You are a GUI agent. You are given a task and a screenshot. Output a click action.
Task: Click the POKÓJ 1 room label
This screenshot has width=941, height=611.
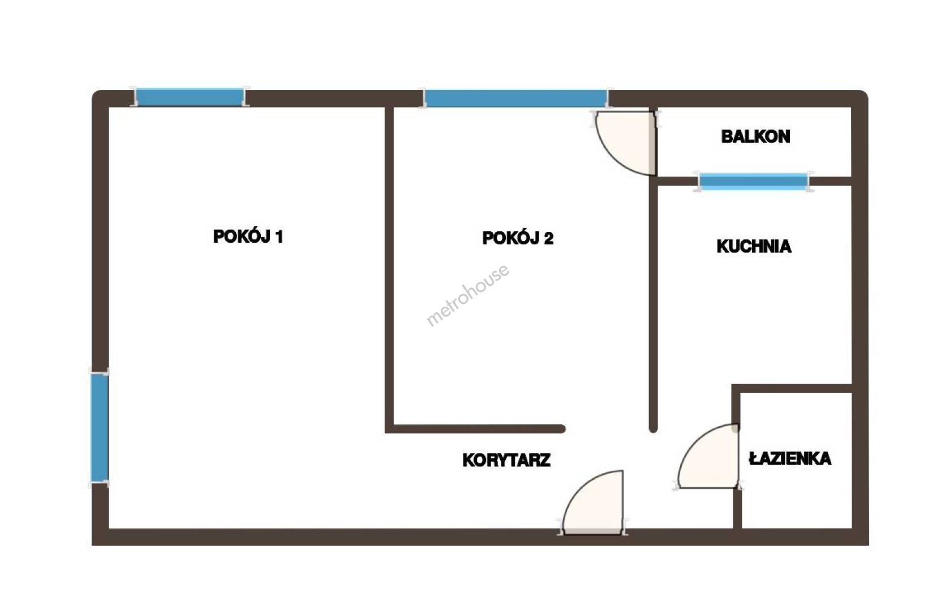(x=248, y=236)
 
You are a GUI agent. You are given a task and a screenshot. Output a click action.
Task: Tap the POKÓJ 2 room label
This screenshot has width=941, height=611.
(x=518, y=238)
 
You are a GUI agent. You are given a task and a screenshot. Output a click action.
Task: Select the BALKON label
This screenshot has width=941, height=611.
(x=755, y=136)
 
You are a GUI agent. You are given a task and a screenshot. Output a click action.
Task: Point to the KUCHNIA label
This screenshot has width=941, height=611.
(x=754, y=247)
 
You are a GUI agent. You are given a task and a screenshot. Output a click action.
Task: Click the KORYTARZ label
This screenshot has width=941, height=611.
(x=506, y=461)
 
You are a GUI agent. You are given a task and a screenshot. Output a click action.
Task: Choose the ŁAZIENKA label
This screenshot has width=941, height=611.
(x=790, y=458)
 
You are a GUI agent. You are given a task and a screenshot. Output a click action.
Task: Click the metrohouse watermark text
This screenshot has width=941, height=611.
(x=468, y=295)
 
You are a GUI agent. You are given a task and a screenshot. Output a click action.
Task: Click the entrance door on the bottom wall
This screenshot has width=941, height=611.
(x=593, y=502)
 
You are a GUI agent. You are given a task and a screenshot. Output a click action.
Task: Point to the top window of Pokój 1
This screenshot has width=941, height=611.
(x=190, y=97)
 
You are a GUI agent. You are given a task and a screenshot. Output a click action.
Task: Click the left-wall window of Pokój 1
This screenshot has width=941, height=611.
(x=100, y=427)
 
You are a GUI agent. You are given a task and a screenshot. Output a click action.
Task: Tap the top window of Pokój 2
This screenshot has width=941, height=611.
(x=515, y=99)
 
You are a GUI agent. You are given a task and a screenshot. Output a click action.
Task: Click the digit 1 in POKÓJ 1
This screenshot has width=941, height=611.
(x=279, y=237)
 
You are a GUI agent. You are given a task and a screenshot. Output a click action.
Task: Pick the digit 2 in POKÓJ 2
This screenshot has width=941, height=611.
(x=548, y=239)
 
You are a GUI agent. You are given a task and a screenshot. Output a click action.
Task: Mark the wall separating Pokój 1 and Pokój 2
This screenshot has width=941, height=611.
(x=389, y=269)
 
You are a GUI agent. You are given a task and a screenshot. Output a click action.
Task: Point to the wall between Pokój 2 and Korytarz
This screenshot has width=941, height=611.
(x=475, y=429)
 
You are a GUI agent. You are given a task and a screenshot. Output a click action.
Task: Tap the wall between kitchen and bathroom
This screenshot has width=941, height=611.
(x=792, y=389)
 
